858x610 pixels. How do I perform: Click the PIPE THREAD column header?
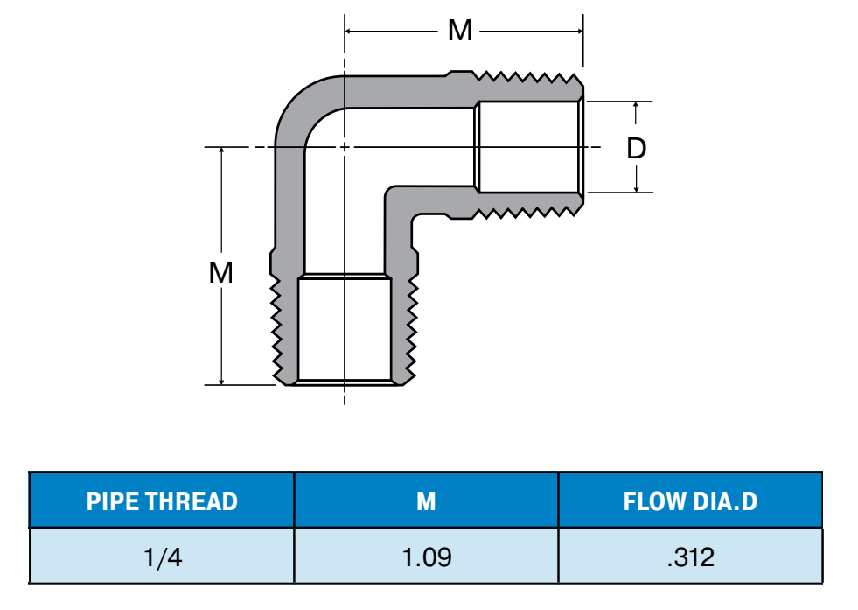162,501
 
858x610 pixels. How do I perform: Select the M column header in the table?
426,501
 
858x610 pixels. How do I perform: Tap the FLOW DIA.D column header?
690,501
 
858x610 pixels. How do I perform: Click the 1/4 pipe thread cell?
162,557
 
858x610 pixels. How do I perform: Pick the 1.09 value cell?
426,557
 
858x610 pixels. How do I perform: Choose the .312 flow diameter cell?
690,557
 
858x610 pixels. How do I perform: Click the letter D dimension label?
637,148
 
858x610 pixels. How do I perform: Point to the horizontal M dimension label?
459,31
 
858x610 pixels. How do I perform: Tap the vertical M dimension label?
221,273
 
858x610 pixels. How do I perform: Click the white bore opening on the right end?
529,146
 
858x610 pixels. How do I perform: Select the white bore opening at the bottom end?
344,328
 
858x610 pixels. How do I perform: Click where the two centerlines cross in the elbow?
345,147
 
